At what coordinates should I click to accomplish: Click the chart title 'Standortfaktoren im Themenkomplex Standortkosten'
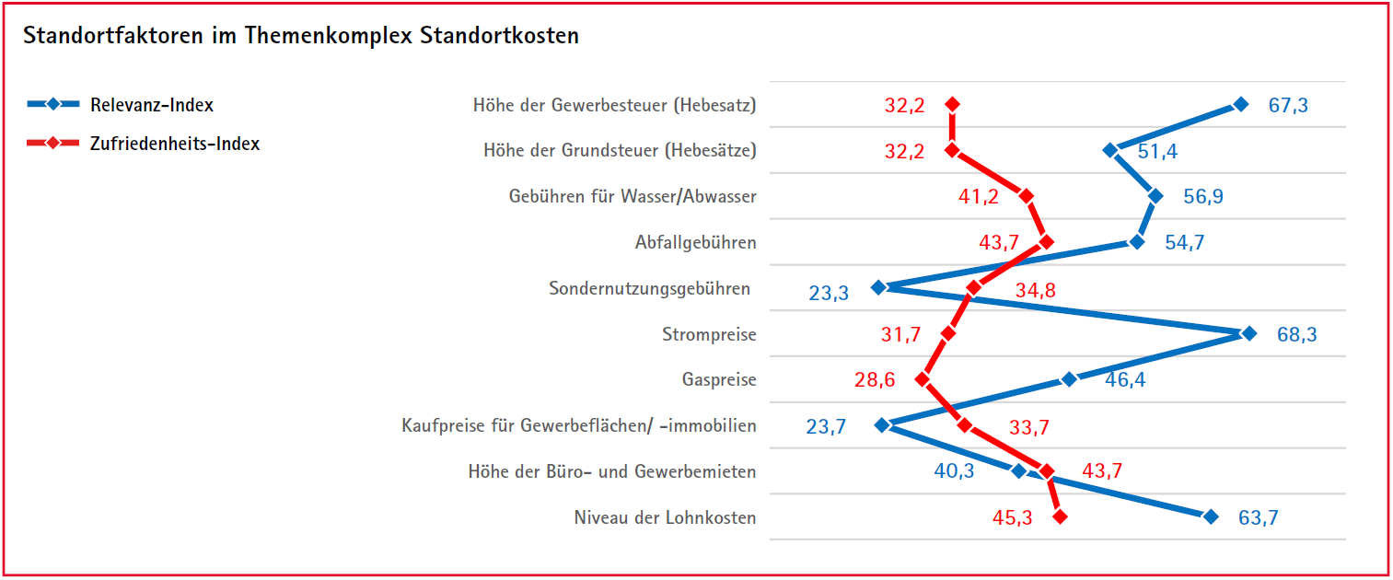pyautogui.click(x=301, y=36)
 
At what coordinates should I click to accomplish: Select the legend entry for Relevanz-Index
pyautogui.click(x=151, y=105)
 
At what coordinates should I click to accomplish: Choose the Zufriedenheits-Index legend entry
pyautogui.click(x=174, y=144)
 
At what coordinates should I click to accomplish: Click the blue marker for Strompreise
pyautogui.click(x=1248, y=333)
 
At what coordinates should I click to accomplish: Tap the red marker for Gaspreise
pyautogui.click(x=923, y=379)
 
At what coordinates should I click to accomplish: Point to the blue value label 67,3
pyautogui.click(x=1287, y=105)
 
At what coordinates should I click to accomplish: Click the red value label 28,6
pyautogui.click(x=875, y=379)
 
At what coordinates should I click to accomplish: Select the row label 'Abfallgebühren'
pyautogui.click(x=695, y=243)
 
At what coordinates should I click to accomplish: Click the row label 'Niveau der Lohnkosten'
pyautogui.click(x=665, y=517)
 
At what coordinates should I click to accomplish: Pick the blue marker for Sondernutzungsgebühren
pyautogui.click(x=878, y=287)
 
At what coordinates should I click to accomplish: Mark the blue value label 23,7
pyautogui.click(x=826, y=426)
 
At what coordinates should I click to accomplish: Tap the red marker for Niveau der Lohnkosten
pyautogui.click(x=1060, y=517)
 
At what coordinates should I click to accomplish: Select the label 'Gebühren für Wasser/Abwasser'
pyautogui.click(x=633, y=196)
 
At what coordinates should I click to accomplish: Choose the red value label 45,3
pyautogui.click(x=1012, y=518)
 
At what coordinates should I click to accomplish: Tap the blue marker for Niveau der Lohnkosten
pyautogui.click(x=1211, y=517)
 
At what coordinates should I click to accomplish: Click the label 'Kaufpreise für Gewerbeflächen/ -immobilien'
pyautogui.click(x=579, y=425)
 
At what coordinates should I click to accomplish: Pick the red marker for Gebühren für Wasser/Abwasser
pyautogui.click(x=1027, y=196)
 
